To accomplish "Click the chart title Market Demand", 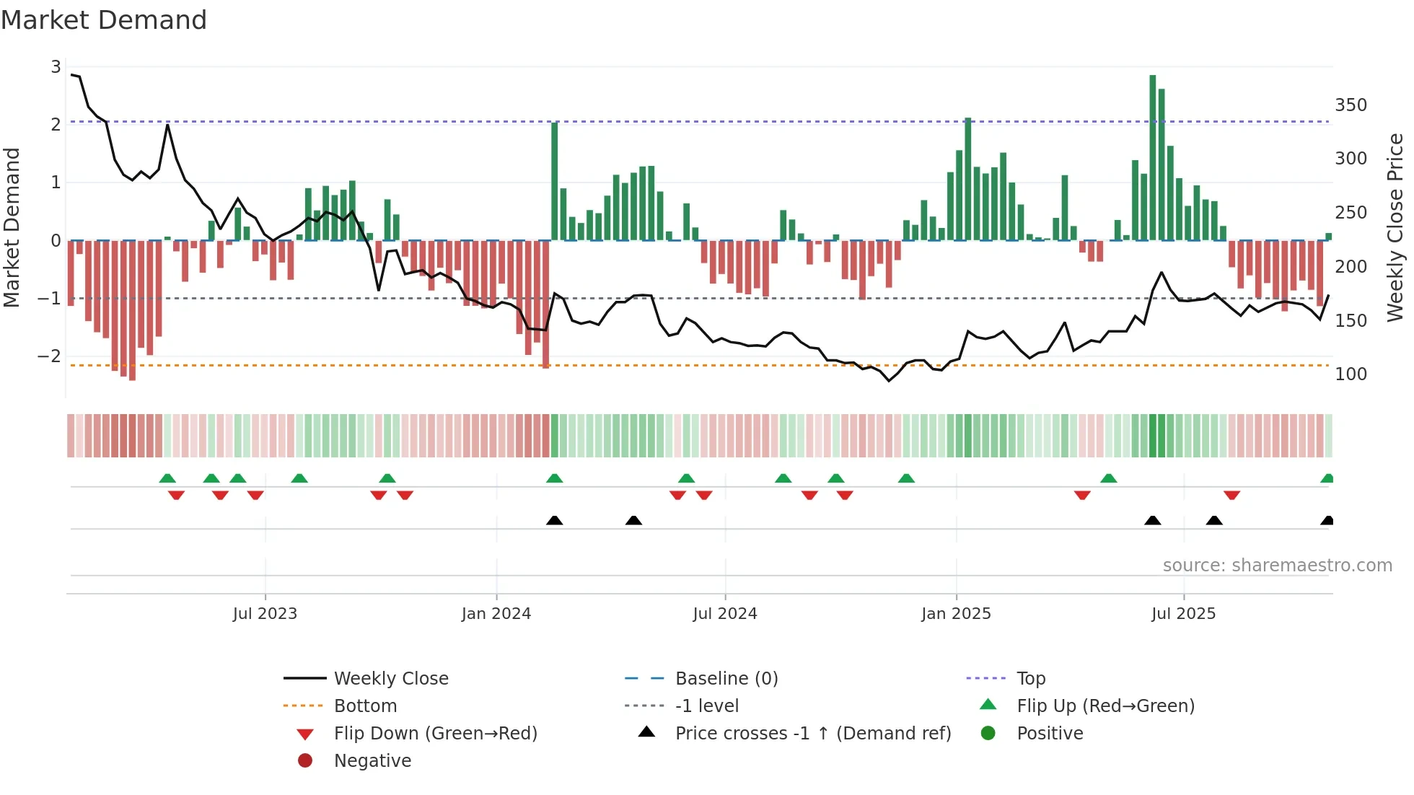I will point(104,20).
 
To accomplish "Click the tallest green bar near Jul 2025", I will point(1152,159).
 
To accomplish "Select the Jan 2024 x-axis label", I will point(496,614).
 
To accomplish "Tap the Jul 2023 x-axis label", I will point(265,614).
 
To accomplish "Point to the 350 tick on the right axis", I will point(1351,105).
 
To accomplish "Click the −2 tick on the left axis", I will point(49,356).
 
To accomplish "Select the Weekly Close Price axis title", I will point(1395,227).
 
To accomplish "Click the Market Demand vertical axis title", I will point(12,227).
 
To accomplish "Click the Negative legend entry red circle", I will point(305,761).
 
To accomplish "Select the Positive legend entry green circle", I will point(988,734).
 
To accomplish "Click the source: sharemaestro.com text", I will point(1277,566).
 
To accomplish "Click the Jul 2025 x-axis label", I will point(1183,614).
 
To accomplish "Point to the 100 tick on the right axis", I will point(1351,374).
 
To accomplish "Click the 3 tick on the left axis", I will point(56,67).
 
